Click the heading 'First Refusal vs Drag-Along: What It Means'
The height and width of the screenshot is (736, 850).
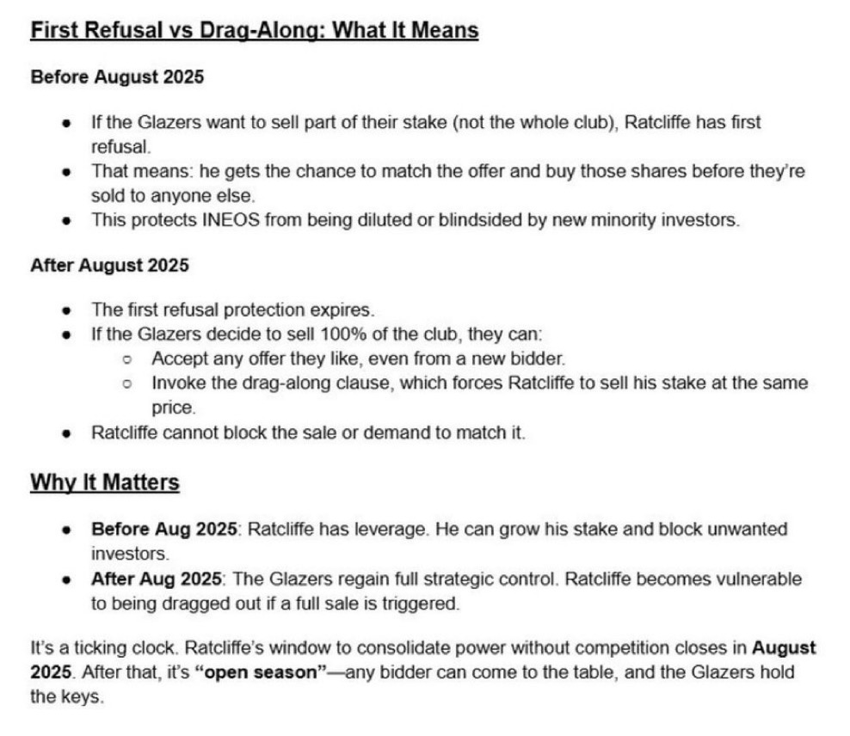point(254,31)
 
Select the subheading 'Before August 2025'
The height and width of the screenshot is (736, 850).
point(117,77)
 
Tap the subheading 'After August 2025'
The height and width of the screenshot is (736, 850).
point(109,265)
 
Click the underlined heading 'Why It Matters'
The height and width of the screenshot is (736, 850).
point(105,482)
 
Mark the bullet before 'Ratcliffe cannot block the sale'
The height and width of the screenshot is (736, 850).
point(67,432)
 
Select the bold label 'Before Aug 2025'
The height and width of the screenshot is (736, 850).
point(163,529)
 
